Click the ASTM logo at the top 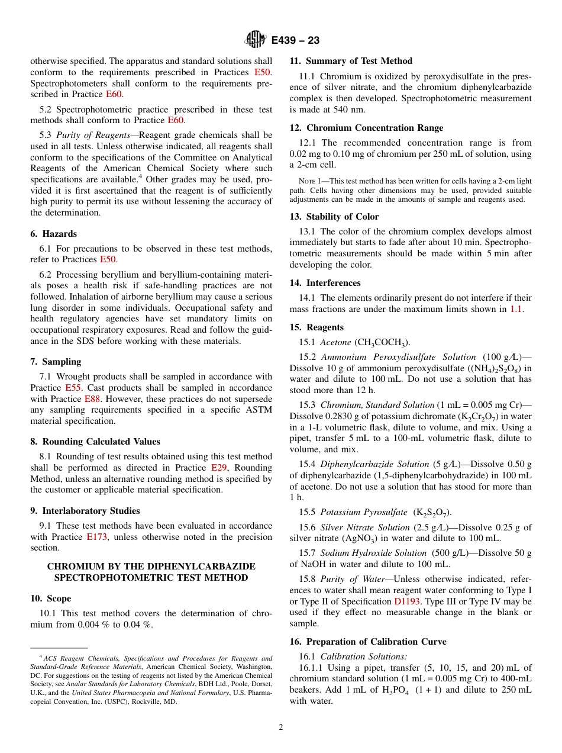(x=256, y=40)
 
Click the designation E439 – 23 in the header (x=295, y=40)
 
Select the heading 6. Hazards (x=54, y=234)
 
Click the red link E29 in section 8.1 (x=219, y=468)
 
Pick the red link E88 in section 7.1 (x=92, y=399)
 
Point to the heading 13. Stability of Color (x=334, y=217)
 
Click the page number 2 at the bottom (x=281, y=728)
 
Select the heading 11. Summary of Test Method (x=351, y=61)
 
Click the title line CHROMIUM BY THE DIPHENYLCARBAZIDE (x=151, y=567)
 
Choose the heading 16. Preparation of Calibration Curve (x=368, y=642)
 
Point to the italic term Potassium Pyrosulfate (x=364, y=512)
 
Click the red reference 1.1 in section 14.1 (x=516, y=309)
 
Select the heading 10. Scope (x=51, y=598)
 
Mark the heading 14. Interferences (x=325, y=283)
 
